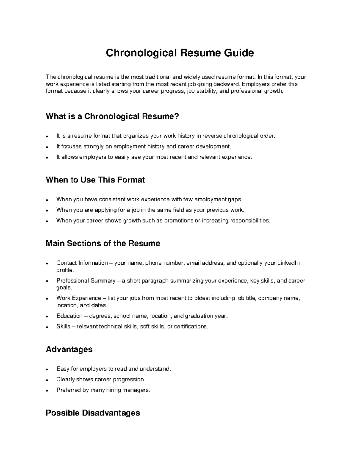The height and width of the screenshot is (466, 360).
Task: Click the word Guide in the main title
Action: coord(238,53)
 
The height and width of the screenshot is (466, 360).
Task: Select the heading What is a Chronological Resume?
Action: coord(112,116)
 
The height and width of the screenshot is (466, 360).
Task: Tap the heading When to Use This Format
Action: coord(95,180)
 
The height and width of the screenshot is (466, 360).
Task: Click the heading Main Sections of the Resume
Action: coord(103,243)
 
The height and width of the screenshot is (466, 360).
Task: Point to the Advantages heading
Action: coord(69,349)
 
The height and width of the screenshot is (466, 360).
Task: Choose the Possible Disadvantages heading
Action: coord(92,413)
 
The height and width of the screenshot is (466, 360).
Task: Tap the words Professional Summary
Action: coord(86,281)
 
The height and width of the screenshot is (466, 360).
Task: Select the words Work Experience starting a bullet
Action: coord(79,298)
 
